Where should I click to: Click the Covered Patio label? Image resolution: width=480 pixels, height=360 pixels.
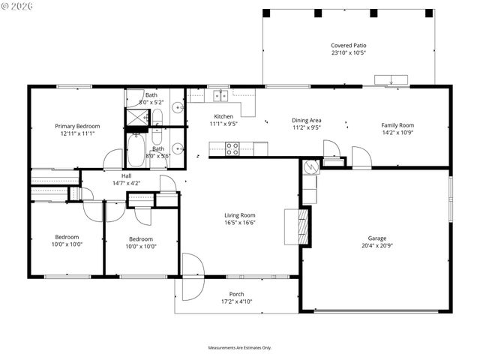[349, 46]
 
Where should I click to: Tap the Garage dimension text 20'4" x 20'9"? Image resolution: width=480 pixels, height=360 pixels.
[376, 245]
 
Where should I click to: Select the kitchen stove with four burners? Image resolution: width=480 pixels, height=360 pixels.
[232, 148]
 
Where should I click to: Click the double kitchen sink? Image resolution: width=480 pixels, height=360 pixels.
[220, 95]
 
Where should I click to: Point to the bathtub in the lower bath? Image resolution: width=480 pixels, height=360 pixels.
[136, 150]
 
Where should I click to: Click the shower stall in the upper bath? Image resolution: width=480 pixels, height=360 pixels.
[136, 117]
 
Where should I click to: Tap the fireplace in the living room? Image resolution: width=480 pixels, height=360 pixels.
[303, 225]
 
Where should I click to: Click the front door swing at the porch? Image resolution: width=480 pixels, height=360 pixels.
[191, 271]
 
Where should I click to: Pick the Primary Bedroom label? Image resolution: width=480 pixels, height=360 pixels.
[76, 126]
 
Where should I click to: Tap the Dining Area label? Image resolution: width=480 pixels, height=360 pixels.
[306, 120]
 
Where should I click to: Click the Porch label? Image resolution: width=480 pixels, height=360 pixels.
[236, 294]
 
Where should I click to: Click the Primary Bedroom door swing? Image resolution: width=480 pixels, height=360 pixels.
[113, 160]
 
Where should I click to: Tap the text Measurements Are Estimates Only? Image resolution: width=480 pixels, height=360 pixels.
[240, 347]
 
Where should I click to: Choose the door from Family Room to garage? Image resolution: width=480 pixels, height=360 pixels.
[361, 158]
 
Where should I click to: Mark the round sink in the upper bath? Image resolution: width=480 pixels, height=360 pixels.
[178, 108]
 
